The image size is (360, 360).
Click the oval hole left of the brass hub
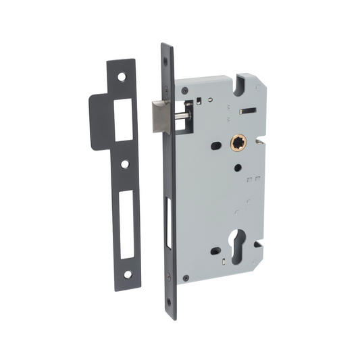215,145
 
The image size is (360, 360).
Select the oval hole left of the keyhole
216,252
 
